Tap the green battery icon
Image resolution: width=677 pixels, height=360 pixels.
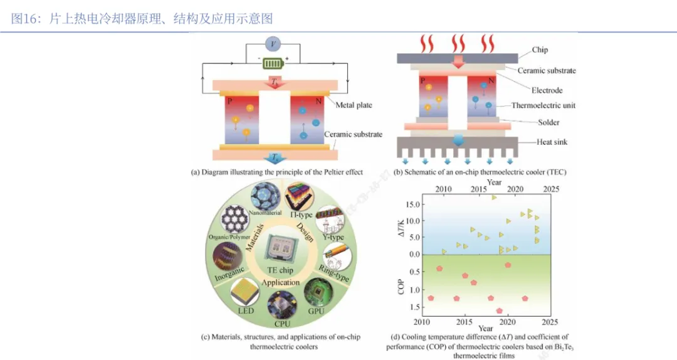273,63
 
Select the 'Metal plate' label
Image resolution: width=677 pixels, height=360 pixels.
354,105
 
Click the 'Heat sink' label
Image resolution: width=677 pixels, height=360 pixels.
552,142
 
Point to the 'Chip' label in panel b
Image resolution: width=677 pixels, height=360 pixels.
540,50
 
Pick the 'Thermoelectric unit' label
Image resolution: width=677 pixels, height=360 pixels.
543,105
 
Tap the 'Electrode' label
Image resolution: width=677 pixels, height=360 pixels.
547,90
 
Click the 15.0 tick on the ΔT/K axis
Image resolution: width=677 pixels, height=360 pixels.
410,204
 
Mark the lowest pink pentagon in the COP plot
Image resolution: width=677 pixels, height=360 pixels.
500,310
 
